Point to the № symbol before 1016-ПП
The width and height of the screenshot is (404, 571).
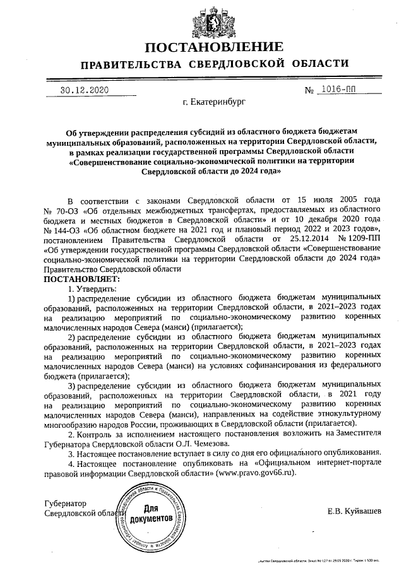[x=309, y=90]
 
